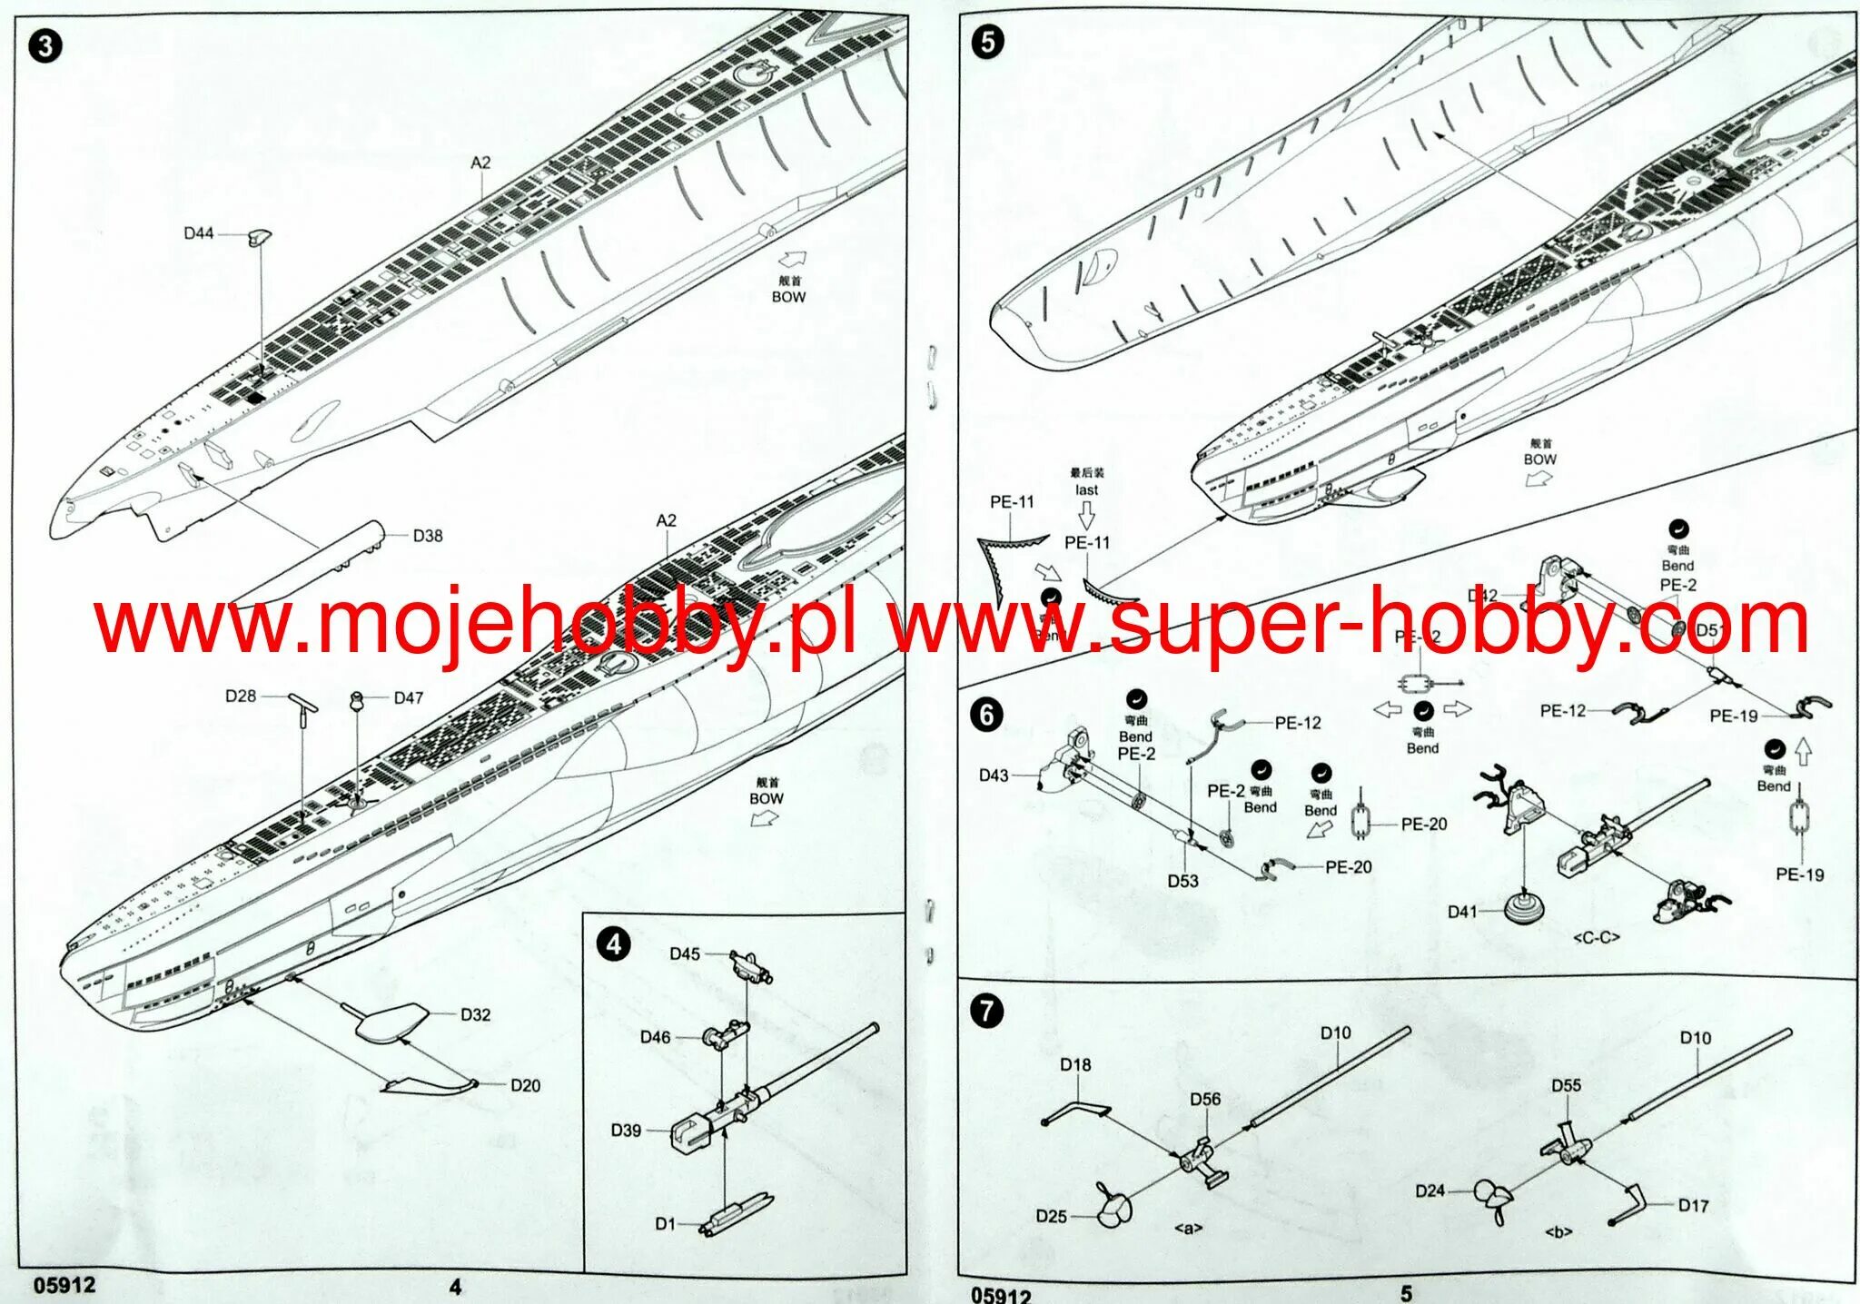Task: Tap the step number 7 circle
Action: [987, 1011]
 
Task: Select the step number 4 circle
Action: [614, 944]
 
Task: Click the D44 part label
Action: [199, 233]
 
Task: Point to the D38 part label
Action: [427, 536]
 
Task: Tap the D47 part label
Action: [409, 697]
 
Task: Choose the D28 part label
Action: [241, 696]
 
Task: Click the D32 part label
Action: [475, 1014]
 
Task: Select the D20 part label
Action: [525, 1085]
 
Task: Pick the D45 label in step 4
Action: [685, 953]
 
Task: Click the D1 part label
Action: [666, 1224]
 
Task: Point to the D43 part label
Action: [994, 775]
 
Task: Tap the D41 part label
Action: [1462, 912]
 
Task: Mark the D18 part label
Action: [1075, 1064]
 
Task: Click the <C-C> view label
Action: [1596, 938]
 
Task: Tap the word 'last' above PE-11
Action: [1086, 489]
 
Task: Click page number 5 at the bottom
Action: [1406, 1293]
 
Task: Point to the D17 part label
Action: [1693, 1205]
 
